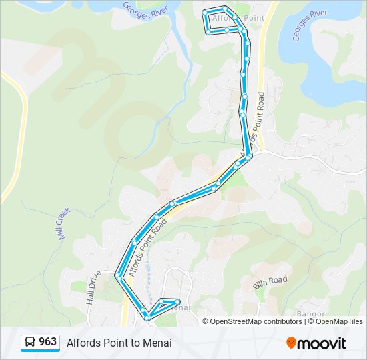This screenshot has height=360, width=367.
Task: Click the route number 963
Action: click(x=47, y=342)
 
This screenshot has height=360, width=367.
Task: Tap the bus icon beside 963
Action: click(x=30, y=343)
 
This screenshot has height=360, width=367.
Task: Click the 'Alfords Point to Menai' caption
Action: click(x=119, y=343)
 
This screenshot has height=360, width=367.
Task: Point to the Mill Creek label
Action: click(x=63, y=223)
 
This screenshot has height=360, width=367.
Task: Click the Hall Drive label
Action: click(x=93, y=287)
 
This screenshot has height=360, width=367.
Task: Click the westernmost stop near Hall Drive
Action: click(x=117, y=275)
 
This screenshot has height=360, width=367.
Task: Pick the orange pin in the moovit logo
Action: click(x=292, y=343)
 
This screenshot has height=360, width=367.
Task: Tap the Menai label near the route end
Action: click(x=179, y=308)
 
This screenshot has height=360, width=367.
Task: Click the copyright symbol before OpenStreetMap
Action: click(x=206, y=321)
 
